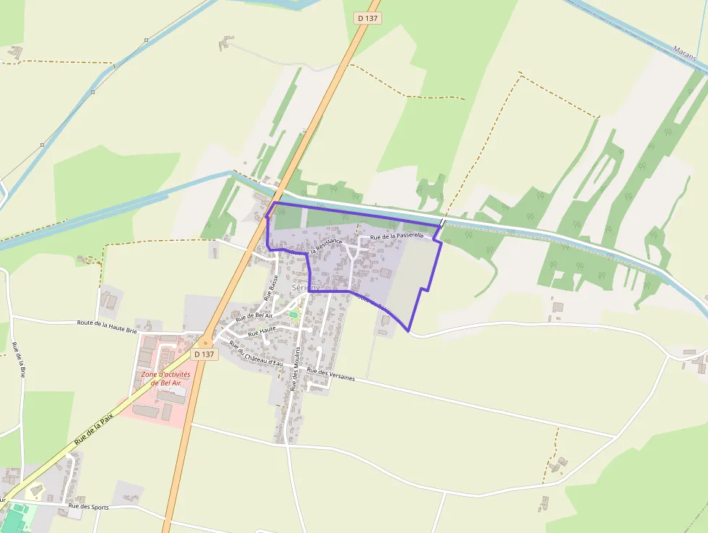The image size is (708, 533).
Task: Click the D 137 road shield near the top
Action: tap(368, 18)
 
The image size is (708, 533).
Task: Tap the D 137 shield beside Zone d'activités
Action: tap(204, 354)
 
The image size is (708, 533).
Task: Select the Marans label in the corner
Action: tap(684, 52)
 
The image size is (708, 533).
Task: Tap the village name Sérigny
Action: tap(305, 287)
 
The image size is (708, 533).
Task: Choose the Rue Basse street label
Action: tap(273, 286)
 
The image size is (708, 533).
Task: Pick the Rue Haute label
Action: tap(262, 333)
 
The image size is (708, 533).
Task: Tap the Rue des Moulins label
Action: tap(295, 374)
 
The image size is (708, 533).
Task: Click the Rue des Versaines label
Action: tap(330, 375)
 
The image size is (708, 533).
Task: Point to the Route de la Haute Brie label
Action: tap(106, 325)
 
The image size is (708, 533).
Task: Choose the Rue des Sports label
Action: tap(88, 507)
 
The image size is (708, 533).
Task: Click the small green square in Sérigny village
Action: tap(293, 314)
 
